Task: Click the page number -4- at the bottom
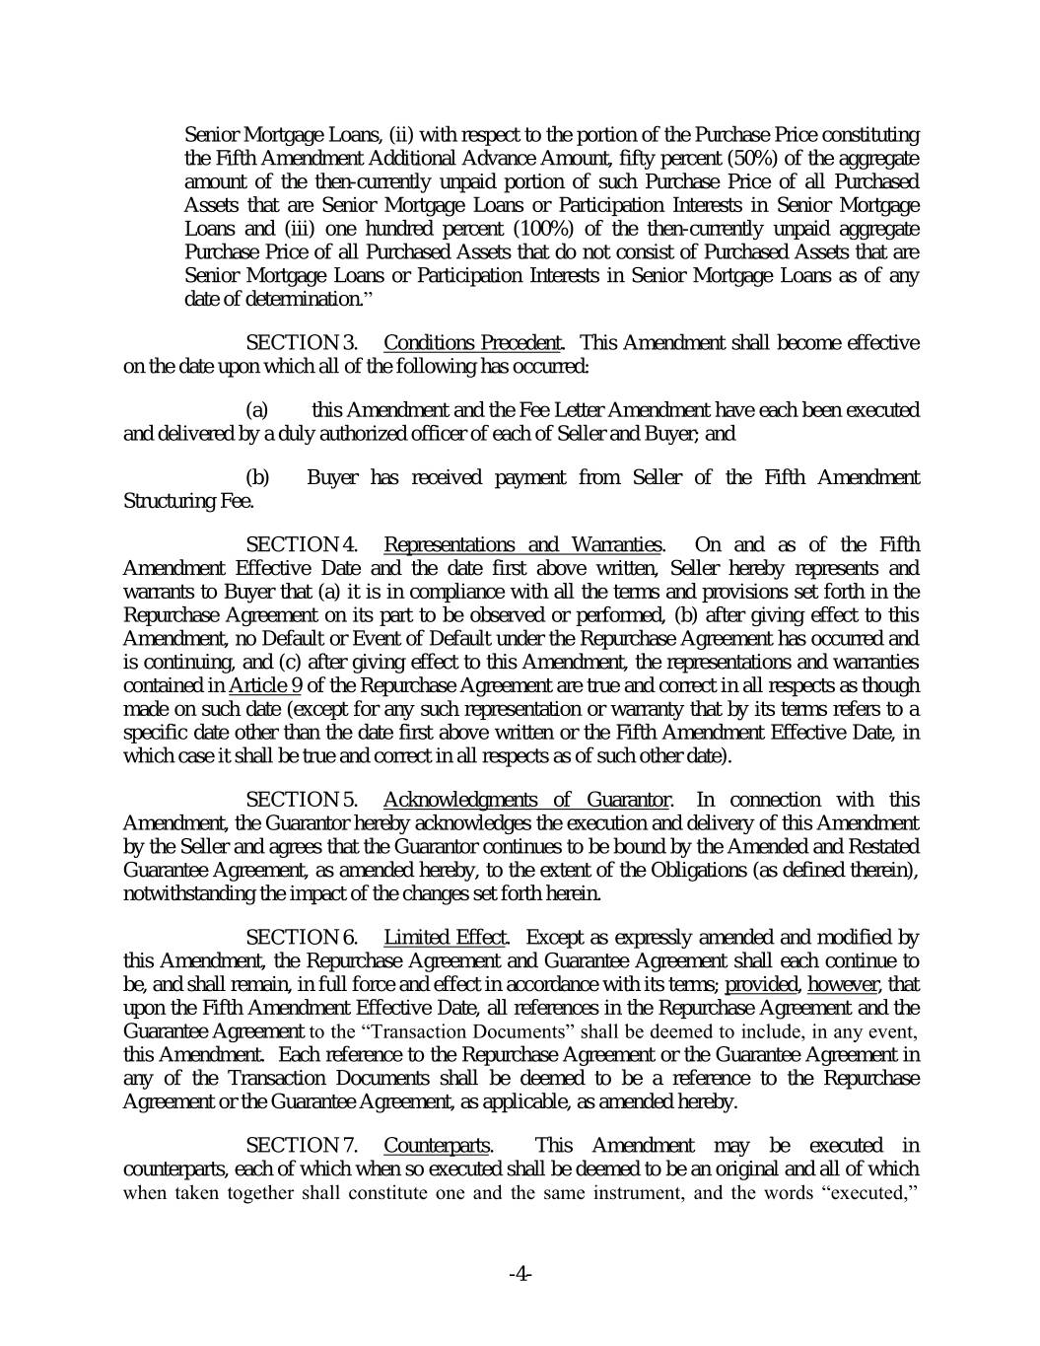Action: tap(520, 1274)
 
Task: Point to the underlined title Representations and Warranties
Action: tap(522, 544)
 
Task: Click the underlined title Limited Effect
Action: tap(445, 937)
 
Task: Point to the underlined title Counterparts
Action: tap(437, 1145)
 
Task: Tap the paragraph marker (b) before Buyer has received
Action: tap(257, 478)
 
